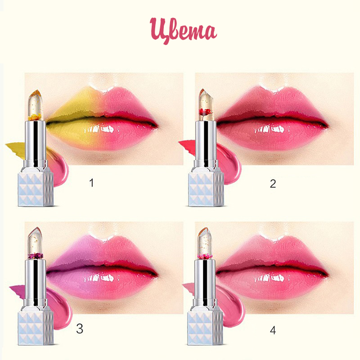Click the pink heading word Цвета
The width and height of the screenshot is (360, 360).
point(183,31)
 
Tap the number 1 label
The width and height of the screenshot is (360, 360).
point(92,183)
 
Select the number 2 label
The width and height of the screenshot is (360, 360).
point(273,184)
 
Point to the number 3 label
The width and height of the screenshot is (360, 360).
point(80,328)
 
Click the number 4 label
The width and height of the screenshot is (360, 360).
point(273,330)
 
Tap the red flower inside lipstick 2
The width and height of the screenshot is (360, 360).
point(205,112)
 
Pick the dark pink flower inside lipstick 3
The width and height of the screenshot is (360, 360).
point(36,255)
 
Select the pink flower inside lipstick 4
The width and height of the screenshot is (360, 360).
point(205,256)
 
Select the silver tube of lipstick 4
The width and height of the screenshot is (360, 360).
point(205,283)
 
